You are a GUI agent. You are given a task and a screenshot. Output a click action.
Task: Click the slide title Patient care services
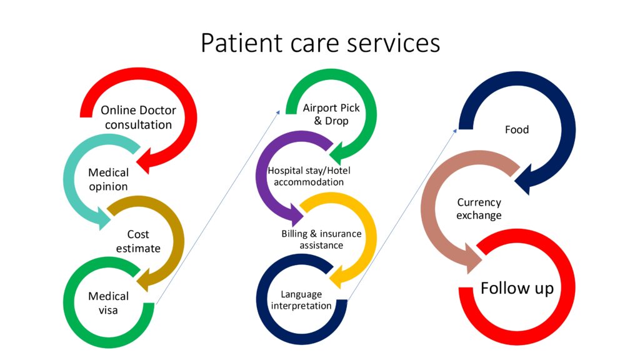320,43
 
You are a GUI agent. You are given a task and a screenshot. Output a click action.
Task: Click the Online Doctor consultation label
138,117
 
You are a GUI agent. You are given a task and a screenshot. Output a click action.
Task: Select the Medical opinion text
108,179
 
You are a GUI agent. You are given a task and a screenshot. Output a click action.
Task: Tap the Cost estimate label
138,241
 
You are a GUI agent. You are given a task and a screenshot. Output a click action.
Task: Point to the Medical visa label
108,302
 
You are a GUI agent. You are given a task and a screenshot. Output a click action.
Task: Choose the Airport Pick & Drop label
331,114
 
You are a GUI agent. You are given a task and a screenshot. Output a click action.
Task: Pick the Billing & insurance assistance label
321,239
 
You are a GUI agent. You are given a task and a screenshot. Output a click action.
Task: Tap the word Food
517,130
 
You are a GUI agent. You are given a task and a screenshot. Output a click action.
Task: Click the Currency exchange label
479,209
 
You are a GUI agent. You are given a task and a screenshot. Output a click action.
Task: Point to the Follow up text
517,288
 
